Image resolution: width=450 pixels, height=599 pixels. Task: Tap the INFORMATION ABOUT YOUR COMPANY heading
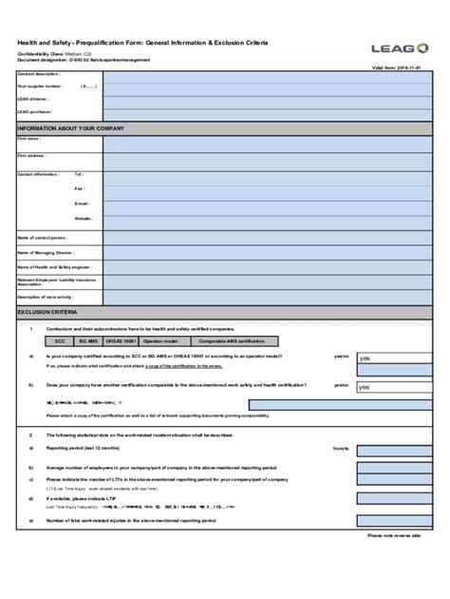(71, 127)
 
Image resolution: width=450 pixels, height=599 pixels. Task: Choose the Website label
(84, 219)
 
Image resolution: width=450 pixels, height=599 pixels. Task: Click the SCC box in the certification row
(60, 339)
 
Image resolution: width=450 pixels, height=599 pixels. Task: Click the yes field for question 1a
(391, 358)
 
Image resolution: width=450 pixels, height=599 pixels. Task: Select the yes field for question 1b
(391, 387)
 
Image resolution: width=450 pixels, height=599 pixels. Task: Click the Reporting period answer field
(391, 447)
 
